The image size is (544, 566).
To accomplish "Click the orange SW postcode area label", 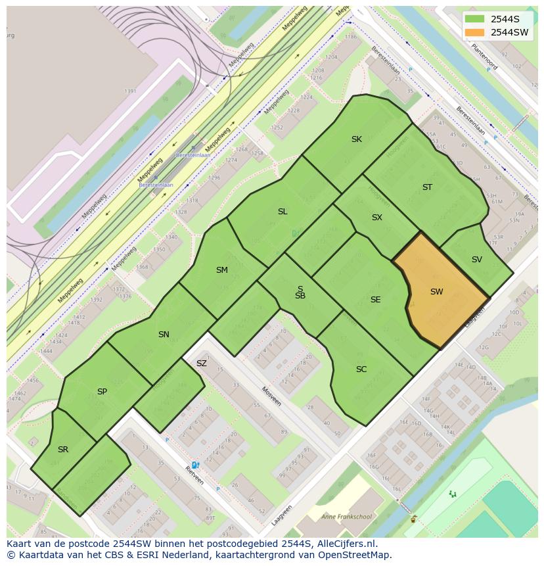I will click(x=436, y=292).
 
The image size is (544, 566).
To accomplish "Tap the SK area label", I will click(x=356, y=139).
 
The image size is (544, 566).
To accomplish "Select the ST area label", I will click(x=427, y=187).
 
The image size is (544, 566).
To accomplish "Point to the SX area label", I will click(x=376, y=218).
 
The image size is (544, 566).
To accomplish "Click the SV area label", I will click(x=476, y=260).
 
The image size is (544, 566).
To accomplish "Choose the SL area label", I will click(x=283, y=212).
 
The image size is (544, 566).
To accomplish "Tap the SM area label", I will click(x=221, y=270).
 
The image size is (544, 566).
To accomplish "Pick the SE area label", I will click(x=375, y=300).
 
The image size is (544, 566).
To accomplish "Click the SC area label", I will click(x=361, y=369).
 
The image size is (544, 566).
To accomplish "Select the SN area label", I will click(x=164, y=335).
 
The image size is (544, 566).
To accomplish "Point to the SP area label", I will click(x=102, y=392).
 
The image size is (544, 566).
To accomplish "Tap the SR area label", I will click(x=63, y=450).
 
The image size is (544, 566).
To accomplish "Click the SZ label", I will click(x=201, y=364).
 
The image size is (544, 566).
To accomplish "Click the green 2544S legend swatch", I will click(x=474, y=18).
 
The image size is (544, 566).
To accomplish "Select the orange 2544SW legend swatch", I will click(x=474, y=32).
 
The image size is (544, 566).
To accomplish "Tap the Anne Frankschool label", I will click(x=346, y=517).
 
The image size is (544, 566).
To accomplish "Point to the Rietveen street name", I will click(x=194, y=475).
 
